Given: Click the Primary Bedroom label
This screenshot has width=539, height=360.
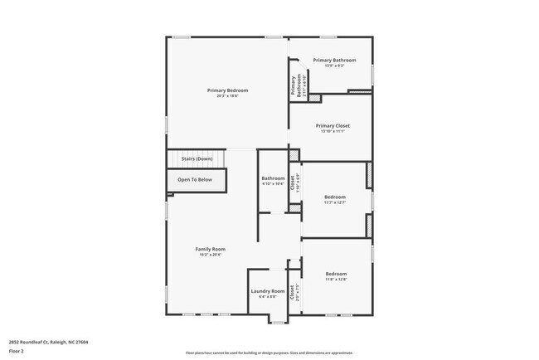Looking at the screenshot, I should click(x=227, y=90).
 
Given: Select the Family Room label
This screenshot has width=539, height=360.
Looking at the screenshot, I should click(x=211, y=249).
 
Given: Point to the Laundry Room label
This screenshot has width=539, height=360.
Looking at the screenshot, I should click(x=268, y=291).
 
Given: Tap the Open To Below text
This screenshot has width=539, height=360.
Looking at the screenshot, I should click(x=195, y=179).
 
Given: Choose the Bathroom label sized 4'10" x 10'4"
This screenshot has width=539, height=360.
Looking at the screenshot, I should click(x=273, y=178).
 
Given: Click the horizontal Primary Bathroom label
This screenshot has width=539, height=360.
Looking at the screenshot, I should click(x=334, y=60).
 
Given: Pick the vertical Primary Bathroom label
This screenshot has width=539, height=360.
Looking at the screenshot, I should click(x=294, y=86).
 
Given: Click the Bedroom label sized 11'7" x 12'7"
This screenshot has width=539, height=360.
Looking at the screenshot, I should click(x=336, y=197).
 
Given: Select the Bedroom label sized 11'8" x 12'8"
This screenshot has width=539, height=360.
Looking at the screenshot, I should click(x=336, y=274).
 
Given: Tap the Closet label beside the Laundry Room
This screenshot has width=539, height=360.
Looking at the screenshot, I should click(x=292, y=291).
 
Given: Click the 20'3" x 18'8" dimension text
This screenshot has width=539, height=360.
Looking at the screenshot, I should click(x=227, y=95).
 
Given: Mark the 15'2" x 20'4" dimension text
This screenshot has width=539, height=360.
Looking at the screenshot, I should click(x=211, y=255).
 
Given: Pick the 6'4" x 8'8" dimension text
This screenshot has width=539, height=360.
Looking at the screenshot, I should click(x=268, y=297).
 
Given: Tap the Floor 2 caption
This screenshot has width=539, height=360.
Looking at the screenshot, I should click(x=17, y=351).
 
